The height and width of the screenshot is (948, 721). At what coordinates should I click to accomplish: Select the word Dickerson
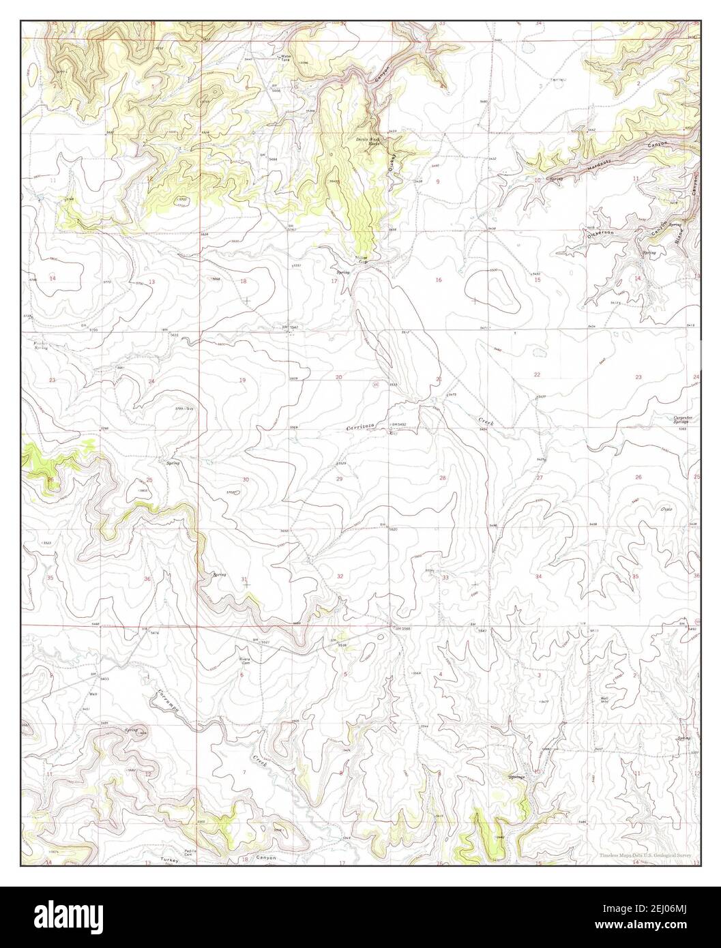click(601, 233)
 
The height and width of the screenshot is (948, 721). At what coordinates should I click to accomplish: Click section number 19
click(242, 379)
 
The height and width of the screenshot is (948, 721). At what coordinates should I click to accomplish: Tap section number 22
click(538, 374)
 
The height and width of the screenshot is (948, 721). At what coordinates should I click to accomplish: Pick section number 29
click(339, 479)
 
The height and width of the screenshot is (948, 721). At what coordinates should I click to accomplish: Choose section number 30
click(245, 479)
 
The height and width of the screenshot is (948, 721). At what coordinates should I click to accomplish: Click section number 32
click(340, 577)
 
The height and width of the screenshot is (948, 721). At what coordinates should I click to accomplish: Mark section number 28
click(443, 478)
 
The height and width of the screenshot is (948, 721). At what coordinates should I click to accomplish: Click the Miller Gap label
click(362, 259)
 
